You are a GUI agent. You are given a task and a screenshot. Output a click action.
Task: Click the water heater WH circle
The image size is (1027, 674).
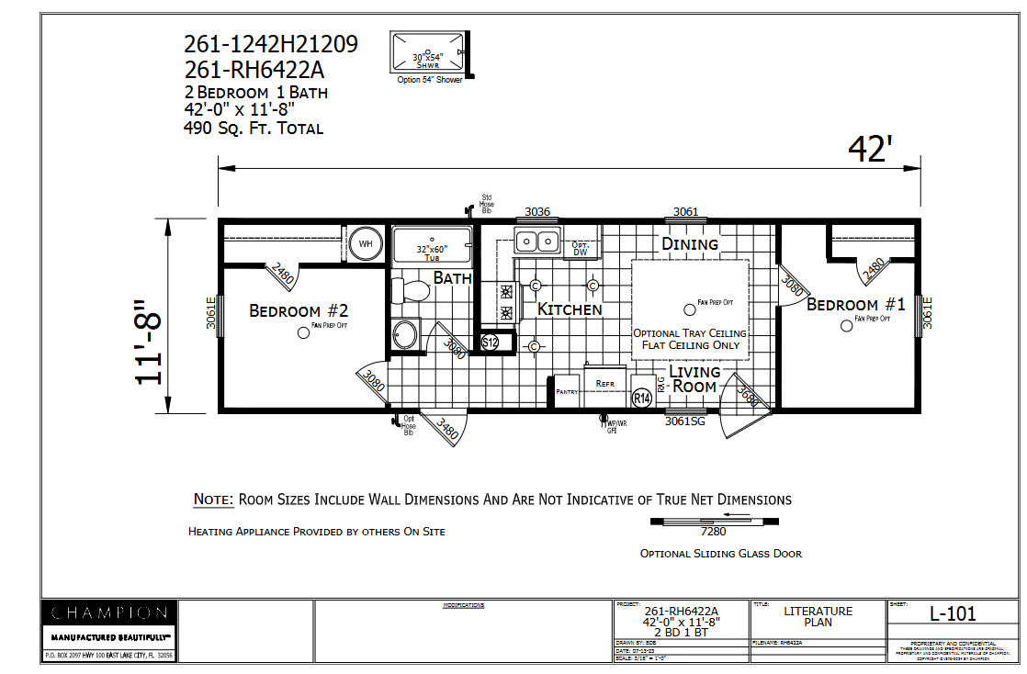(x=366, y=244)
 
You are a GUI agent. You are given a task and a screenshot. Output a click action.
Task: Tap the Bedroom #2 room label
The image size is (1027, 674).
(x=299, y=311)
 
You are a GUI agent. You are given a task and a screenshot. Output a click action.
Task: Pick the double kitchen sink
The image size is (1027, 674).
(x=537, y=242)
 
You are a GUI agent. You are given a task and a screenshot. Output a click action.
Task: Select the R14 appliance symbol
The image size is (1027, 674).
(x=642, y=398)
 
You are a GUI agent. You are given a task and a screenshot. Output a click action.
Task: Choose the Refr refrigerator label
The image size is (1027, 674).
(x=604, y=383)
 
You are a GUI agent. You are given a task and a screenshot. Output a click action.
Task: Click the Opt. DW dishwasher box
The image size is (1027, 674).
(x=581, y=249)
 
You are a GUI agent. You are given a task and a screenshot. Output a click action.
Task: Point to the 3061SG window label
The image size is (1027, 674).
(x=686, y=422)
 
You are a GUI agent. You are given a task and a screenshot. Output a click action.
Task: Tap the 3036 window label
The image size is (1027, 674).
(x=537, y=212)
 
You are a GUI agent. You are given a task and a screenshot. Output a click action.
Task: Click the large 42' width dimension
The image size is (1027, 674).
(x=870, y=150)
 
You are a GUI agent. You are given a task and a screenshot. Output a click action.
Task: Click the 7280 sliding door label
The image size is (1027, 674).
(x=713, y=531)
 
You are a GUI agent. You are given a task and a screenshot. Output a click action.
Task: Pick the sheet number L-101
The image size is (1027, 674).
(x=953, y=613)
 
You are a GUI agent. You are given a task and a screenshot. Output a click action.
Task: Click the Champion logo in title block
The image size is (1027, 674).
(x=109, y=613)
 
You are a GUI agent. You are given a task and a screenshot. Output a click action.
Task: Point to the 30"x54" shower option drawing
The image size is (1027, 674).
(x=428, y=55)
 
